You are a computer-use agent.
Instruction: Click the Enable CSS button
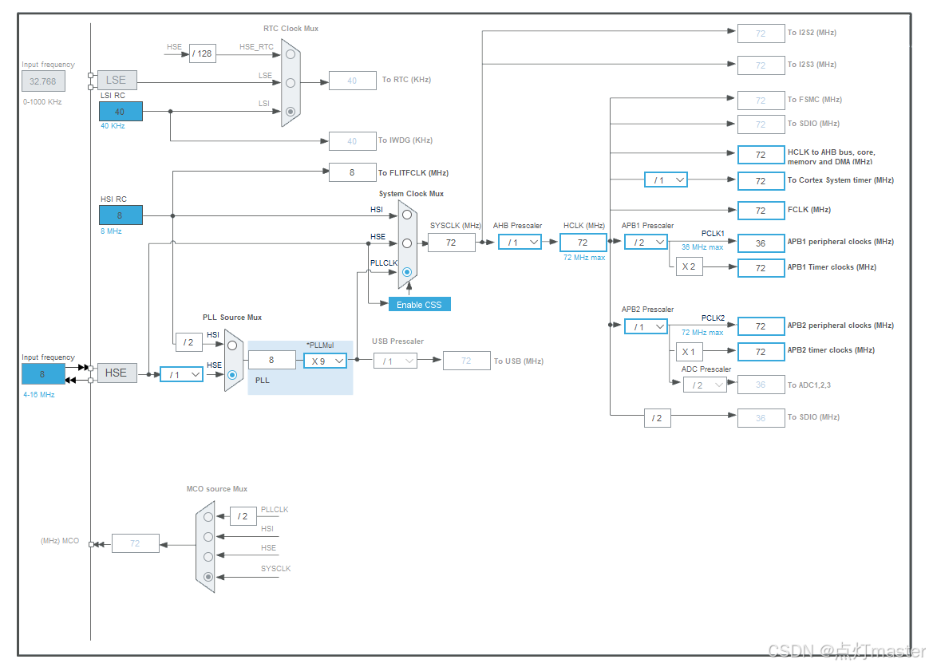[x=420, y=305]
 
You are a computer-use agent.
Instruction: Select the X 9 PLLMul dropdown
[x=325, y=361]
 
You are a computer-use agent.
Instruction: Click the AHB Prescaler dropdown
[x=520, y=242]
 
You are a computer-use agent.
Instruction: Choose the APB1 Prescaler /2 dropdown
[x=646, y=242]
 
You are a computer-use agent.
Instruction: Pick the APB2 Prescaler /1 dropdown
[x=646, y=326]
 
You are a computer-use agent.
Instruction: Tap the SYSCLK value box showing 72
[x=451, y=242]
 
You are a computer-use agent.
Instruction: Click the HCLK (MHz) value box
[x=583, y=242]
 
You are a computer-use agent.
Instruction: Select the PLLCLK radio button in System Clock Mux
[x=407, y=272]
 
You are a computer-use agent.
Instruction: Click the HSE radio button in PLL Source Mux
[x=232, y=374]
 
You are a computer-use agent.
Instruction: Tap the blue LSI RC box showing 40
[x=121, y=112]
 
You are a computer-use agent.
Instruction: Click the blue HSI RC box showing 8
[x=121, y=215]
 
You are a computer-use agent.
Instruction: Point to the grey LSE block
[x=116, y=80]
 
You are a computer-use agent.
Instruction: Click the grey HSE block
[x=116, y=373]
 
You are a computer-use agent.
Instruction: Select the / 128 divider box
[x=203, y=53]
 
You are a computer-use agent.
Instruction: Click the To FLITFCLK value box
[x=352, y=172]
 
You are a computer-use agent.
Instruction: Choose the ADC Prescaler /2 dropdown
[x=705, y=385]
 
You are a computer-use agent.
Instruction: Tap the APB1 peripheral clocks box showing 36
[x=761, y=243]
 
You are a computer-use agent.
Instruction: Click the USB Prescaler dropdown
[x=395, y=361]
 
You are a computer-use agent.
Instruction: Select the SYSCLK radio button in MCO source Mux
[x=208, y=576]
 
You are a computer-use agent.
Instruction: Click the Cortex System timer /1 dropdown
[x=666, y=180]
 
